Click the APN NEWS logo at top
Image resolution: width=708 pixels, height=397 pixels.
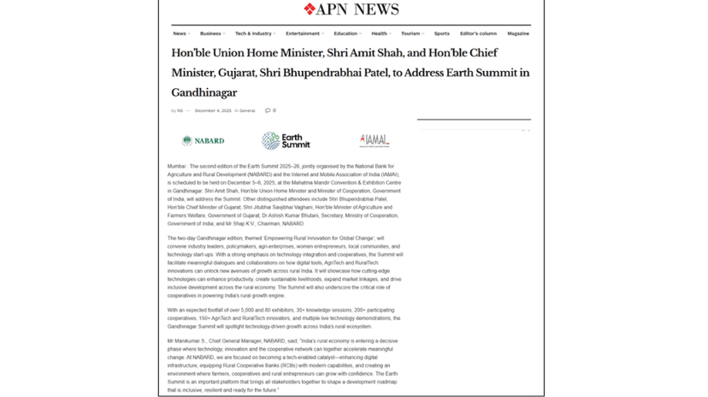point(351,9)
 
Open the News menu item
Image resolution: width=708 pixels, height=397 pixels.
point(180,33)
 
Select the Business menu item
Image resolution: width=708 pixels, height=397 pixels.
point(211,33)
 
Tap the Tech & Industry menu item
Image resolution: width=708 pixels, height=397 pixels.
point(254,33)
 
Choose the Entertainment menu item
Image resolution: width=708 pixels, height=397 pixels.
point(304,33)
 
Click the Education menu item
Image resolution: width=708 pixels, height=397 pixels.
point(346,33)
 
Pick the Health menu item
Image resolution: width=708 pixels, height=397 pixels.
point(380,33)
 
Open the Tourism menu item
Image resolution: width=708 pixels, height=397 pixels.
point(411,33)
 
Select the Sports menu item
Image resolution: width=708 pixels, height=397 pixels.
point(441,33)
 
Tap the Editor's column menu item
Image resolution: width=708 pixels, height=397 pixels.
point(478,33)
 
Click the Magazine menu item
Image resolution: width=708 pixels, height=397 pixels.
point(518,33)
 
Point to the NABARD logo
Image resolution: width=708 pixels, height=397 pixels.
point(204,140)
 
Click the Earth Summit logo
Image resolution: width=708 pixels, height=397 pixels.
point(286,140)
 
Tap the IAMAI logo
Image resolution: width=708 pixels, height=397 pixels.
point(375,140)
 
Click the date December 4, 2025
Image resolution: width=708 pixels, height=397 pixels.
point(213,110)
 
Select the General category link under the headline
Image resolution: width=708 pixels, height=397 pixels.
point(247,110)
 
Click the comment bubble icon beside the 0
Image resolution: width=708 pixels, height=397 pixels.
point(267,110)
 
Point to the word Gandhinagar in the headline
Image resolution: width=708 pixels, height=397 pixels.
point(204,92)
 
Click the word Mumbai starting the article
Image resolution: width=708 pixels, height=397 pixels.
point(177,165)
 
